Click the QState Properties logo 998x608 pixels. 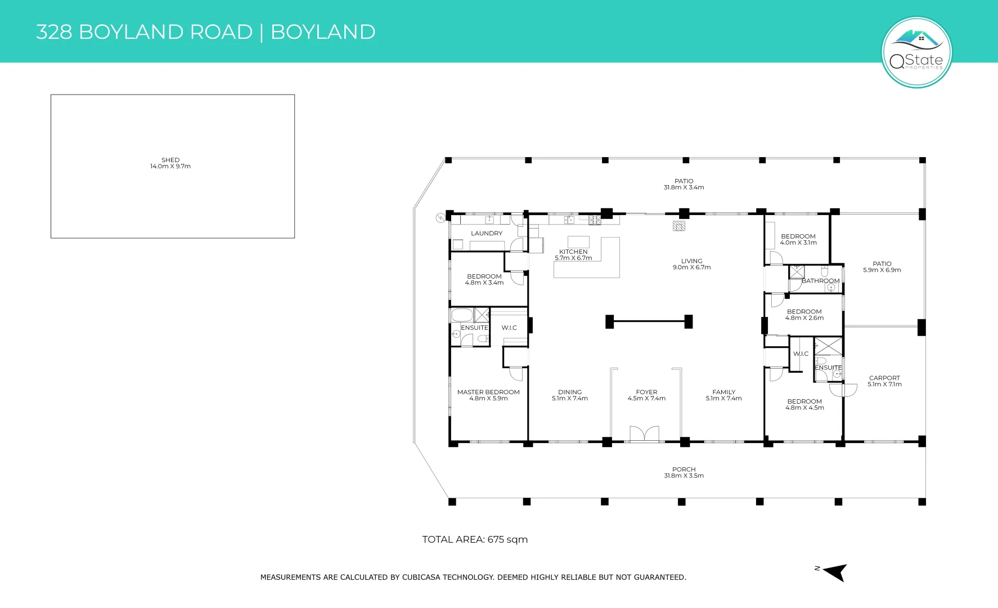[x=916, y=52]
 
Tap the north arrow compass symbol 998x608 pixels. [x=836, y=572]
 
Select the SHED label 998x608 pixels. [x=170, y=160]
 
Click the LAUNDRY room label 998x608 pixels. [x=487, y=233]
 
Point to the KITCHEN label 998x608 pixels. [x=573, y=252]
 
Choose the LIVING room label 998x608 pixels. [x=691, y=261]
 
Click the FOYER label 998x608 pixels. [x=646, y=392]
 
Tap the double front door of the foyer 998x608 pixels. [x=644, y=434]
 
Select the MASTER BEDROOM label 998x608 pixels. [x=488, y=392]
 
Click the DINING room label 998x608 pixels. [x=570, y=392]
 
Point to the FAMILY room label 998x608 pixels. [x=723, y=392]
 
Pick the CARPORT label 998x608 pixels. [x=884, y=378]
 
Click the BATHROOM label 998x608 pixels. [x=821, y=281]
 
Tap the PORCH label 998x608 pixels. [x=684, y=469]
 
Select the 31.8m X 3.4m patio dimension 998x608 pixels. [x=684, y=187]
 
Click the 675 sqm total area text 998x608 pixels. [x=507, y=539]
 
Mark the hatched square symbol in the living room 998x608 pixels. [x=679, y=226]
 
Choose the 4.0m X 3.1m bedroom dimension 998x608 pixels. [x=798, y=243]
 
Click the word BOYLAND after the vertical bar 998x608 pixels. [x=323, y=32]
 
